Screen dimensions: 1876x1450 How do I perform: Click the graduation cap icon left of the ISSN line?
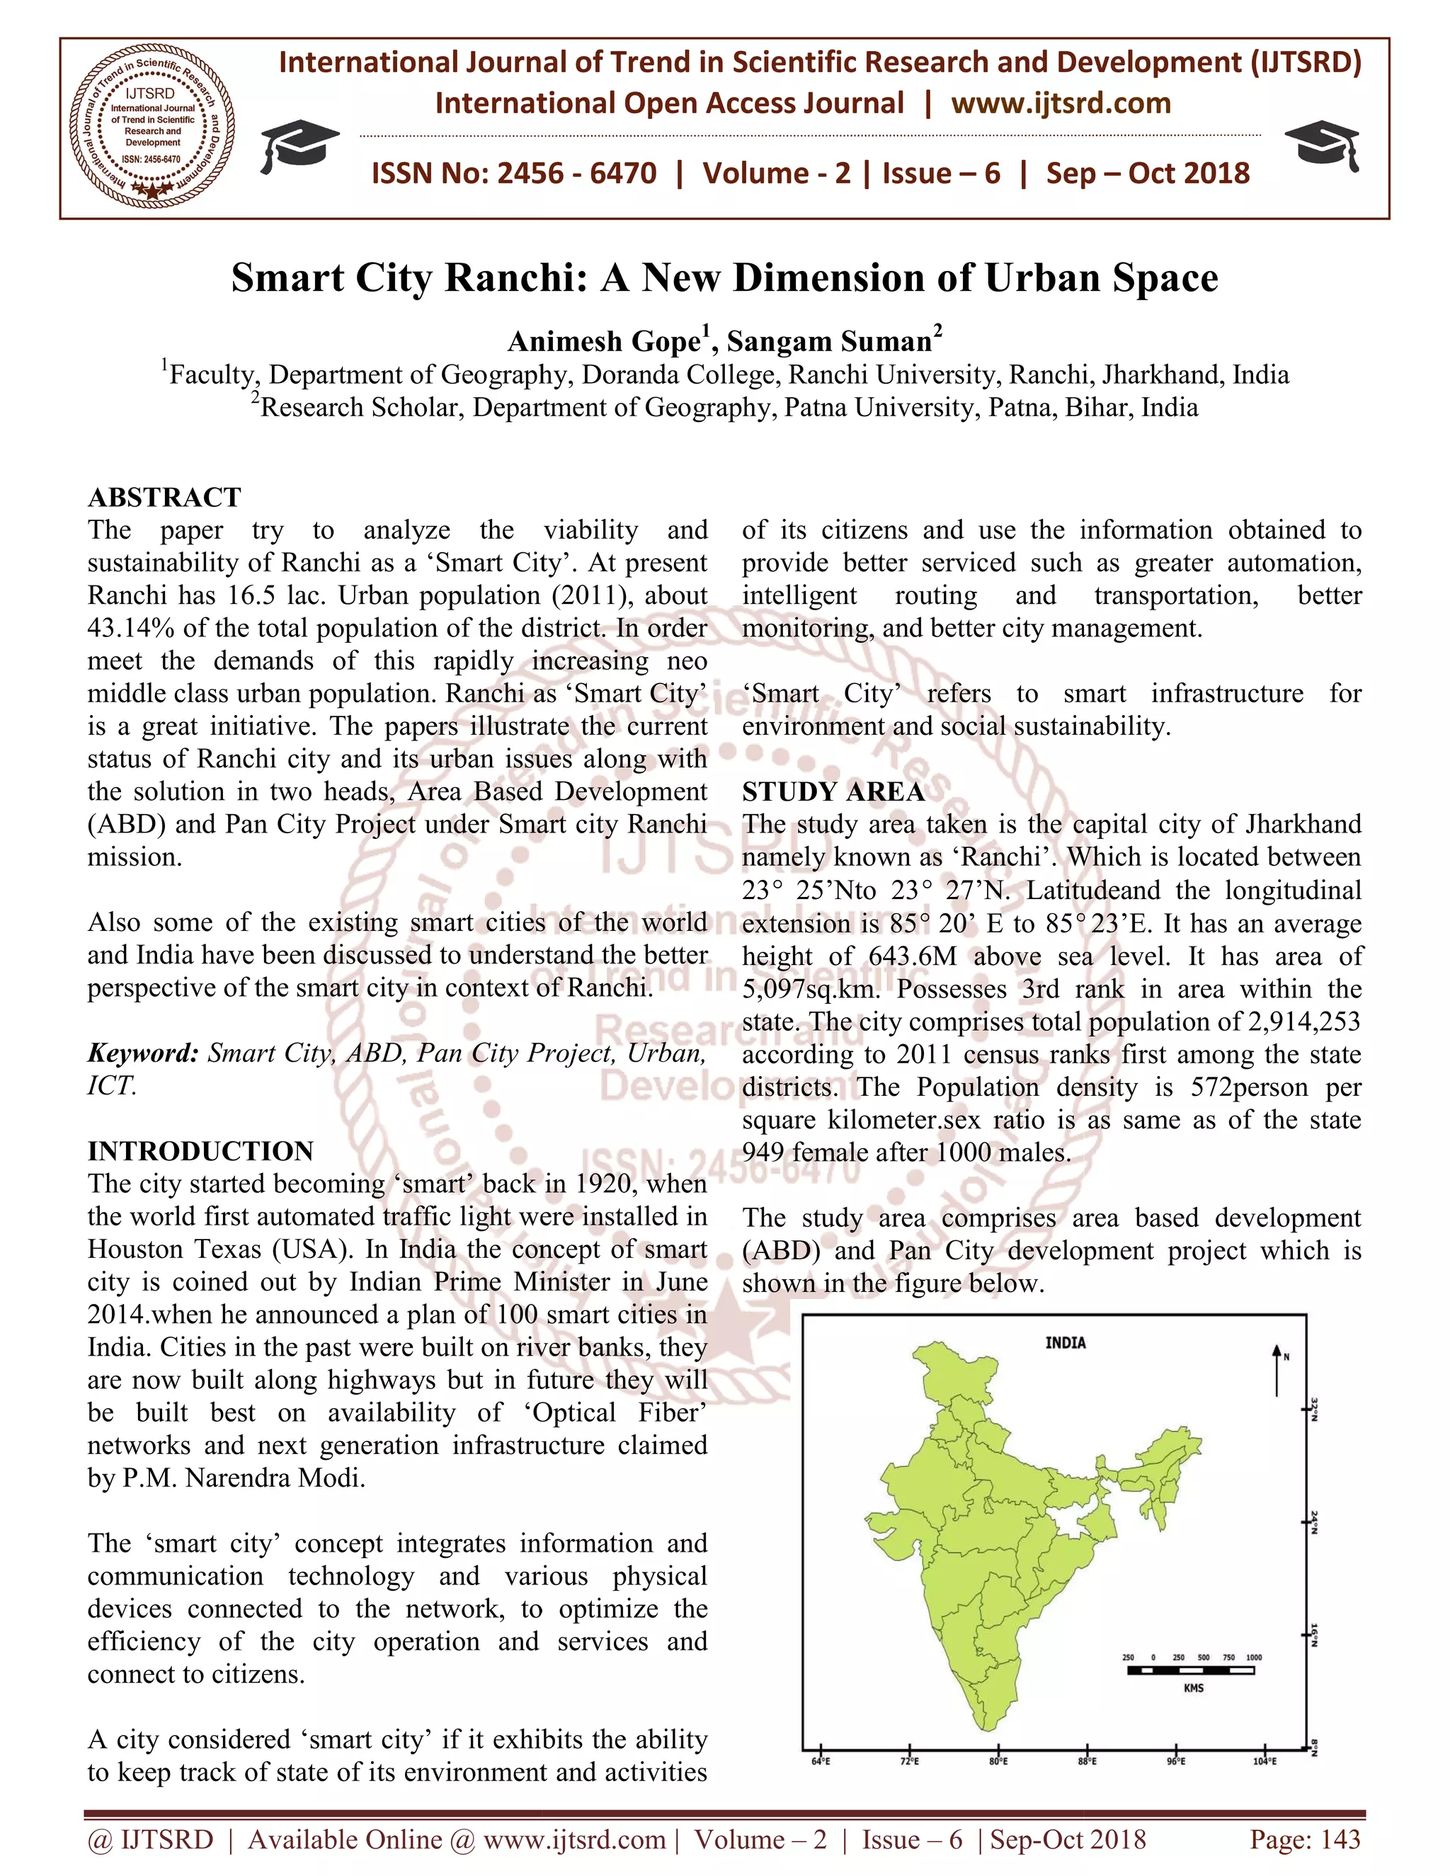pos(298,145)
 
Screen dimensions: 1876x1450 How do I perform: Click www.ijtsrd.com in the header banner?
pos(1061,104)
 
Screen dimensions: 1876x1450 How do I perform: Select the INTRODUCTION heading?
pos(200,1151)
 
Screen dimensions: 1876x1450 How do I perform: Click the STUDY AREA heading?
pos(833,791)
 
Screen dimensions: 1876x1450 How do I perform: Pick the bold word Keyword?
pos(142,1053)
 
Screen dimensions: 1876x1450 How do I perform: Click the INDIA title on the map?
pos(1065,1342)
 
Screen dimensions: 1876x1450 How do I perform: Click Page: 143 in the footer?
pos(1305,1840)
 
